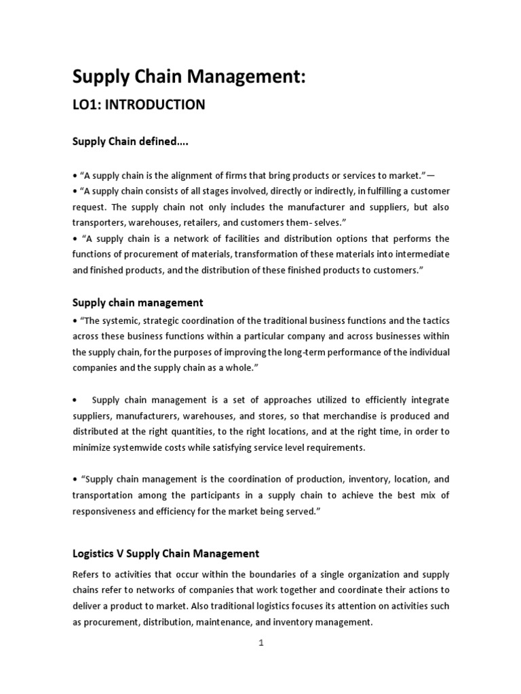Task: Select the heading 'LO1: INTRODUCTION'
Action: tap(138, 104)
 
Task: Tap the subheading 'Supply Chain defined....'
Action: tap(130, 142)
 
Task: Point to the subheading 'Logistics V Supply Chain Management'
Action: tap(166, 554)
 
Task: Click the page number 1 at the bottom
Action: tap(260, 644)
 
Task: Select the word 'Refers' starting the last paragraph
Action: tap(87, 574)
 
